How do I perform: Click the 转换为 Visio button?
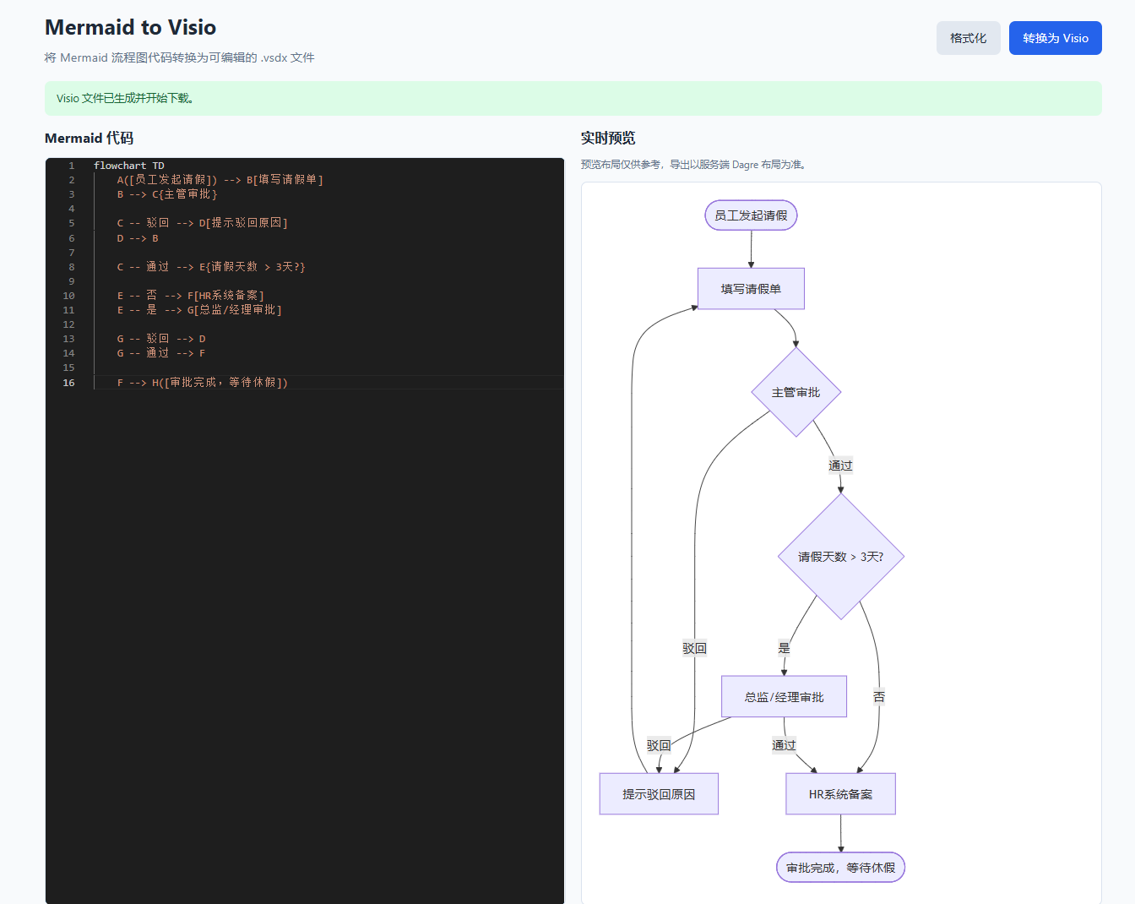1055,38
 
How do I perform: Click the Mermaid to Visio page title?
130,27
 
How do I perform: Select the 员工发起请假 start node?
751,215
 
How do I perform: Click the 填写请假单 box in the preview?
751,289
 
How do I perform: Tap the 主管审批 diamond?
796,392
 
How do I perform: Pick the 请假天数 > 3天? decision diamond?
841,557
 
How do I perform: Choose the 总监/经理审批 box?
784,697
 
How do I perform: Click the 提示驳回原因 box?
659,794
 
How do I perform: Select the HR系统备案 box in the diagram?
841,794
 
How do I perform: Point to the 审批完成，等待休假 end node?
841,868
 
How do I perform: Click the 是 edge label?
785,648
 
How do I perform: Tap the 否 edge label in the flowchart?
878,697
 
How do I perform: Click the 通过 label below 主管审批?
840,466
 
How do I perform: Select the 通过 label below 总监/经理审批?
784,745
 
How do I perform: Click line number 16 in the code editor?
68,383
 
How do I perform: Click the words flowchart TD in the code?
129,166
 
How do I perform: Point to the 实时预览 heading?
608,139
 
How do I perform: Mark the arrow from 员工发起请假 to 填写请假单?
751,249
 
